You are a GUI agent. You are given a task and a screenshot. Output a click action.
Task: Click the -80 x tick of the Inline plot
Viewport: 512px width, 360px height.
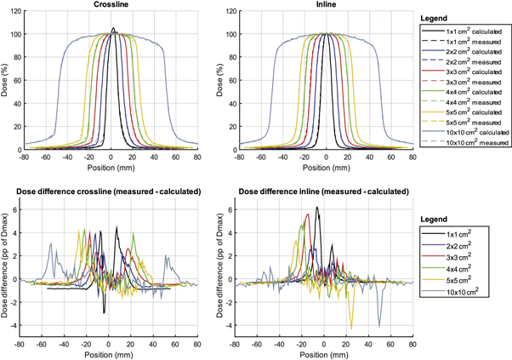[240, 157]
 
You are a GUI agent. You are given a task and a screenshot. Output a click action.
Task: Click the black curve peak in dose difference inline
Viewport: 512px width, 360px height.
[316, 207]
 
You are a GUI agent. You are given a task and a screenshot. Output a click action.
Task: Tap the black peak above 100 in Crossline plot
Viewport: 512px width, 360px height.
[113, 28]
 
